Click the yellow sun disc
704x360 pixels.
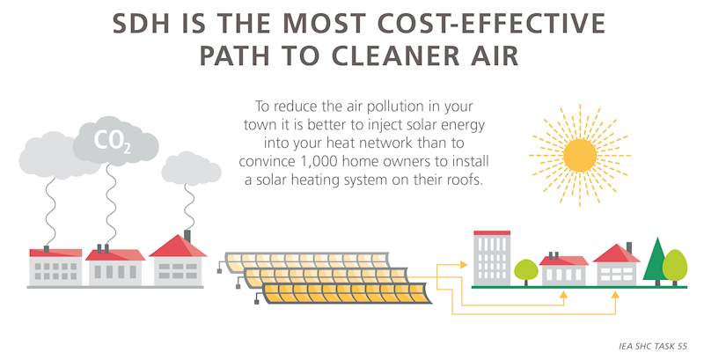[x=580, y=155]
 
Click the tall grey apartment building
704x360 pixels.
[x=492, y=257]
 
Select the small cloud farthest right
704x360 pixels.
[x=191, y=167]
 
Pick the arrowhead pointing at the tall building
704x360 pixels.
[x=467, y=261]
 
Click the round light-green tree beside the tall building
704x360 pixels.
[x=525, y=270]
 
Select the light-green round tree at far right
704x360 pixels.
[x=675, y=263]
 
